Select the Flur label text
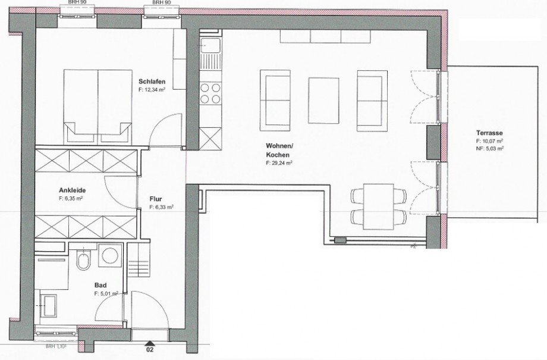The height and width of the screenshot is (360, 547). pyautogui.click(x=156, y=199)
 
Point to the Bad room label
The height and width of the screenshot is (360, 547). pyautogui.click(x=100, y=286)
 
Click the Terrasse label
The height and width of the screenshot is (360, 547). pyautogui.click(x=489, y=134)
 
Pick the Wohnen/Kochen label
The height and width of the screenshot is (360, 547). pyautogui.click(x=278, y=149)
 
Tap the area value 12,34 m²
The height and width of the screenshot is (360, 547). pyautogui.click(x=153, y=89)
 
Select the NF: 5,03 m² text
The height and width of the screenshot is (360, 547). pyautogui.click(x=490, y=149)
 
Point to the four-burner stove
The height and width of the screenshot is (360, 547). pyautogui.click(x=209, y=93)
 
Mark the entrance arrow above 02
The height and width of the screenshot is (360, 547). pyautogui.click(x=149, y=343)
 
